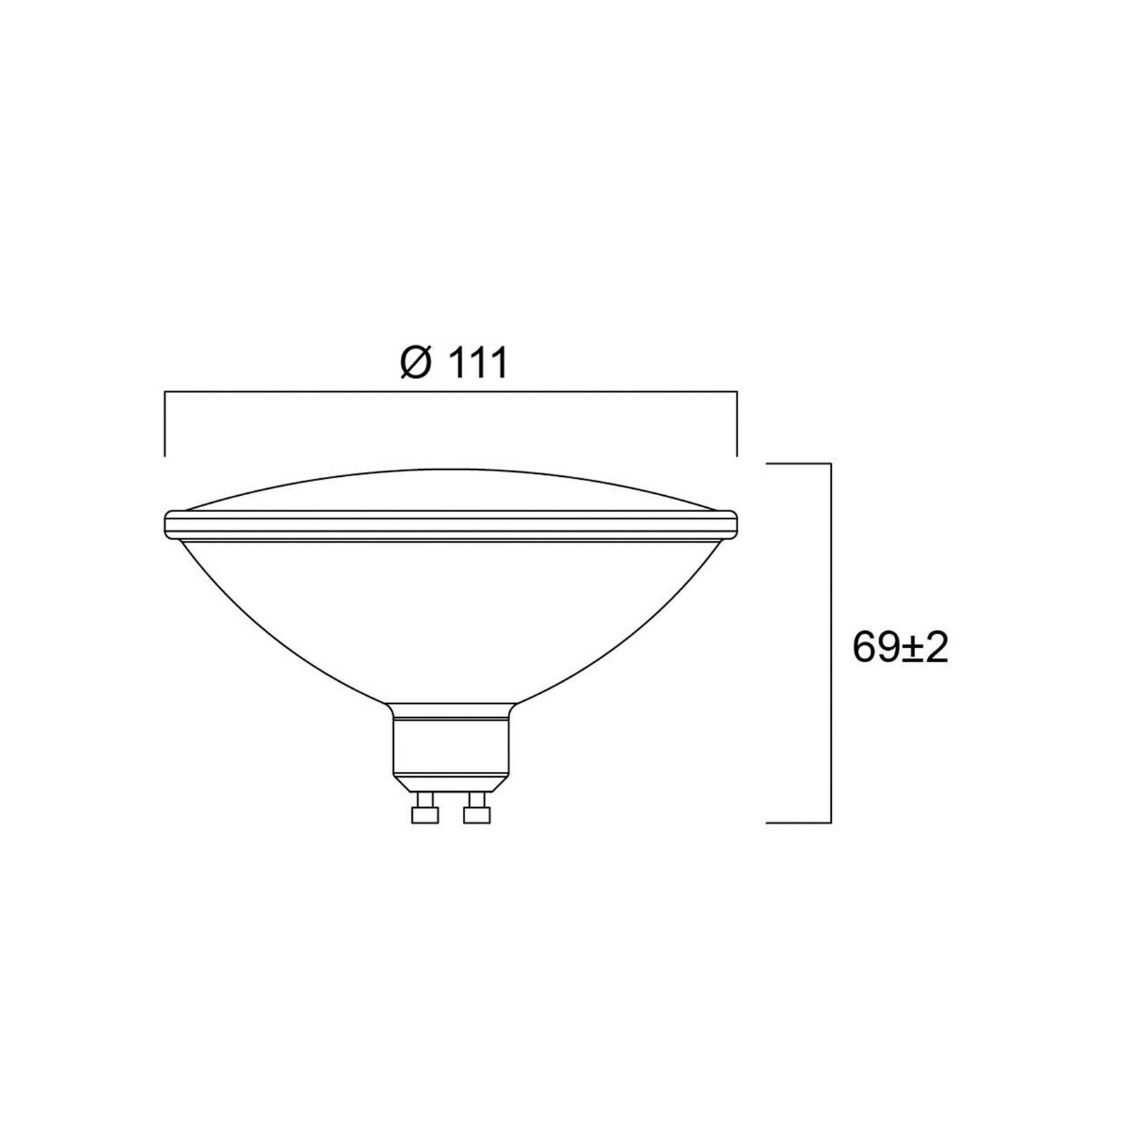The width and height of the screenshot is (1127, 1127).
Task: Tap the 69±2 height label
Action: coord(899,648)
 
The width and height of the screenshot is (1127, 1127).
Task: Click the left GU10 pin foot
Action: coord(425,814)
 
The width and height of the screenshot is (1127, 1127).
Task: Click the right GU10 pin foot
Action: coord(477,814)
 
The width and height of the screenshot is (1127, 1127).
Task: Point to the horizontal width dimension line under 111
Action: coord(451,392)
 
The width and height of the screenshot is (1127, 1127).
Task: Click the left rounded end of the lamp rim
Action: coord(168,524)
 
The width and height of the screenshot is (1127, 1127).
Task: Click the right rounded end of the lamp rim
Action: coord(733,524)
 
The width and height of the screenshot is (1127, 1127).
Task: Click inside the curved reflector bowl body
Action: coord(451,613)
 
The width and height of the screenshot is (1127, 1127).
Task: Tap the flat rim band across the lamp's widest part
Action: coord(451,525)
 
